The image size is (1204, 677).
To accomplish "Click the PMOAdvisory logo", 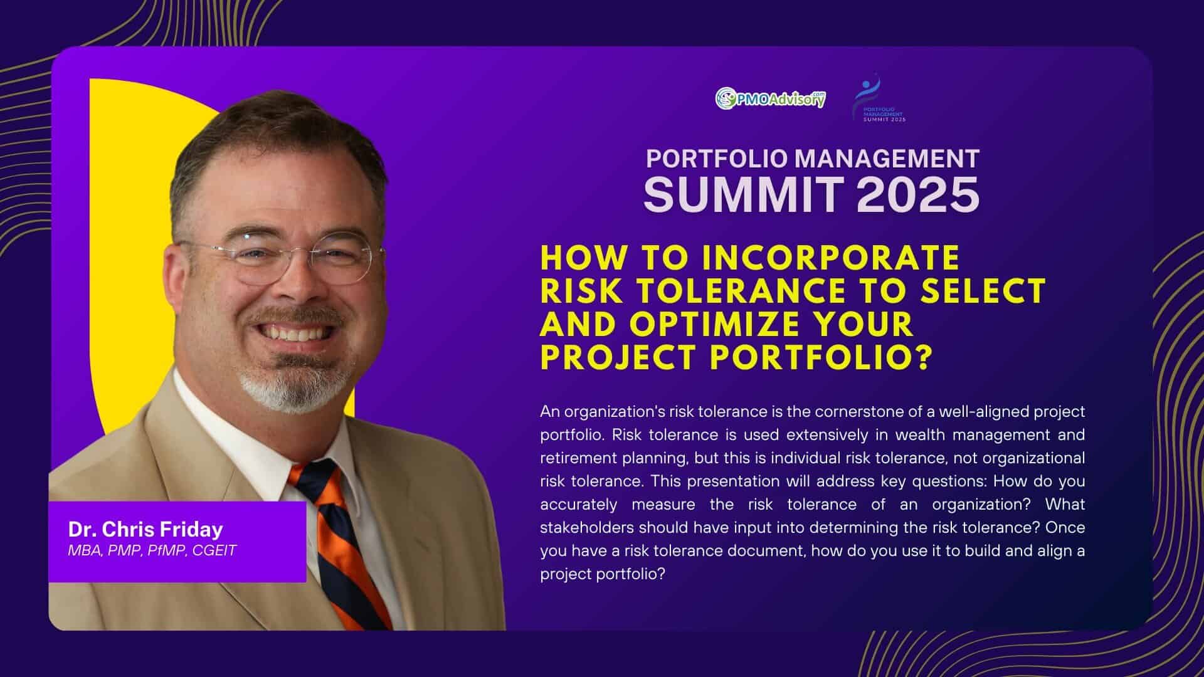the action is (771, 98).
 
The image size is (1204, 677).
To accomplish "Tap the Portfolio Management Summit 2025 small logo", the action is (880, 98).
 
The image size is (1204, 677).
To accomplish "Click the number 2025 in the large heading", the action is (918, 194).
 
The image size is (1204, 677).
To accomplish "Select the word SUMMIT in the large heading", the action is (744, 194).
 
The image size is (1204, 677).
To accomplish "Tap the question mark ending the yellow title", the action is (921, 358).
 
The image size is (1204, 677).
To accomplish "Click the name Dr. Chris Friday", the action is (145, 530).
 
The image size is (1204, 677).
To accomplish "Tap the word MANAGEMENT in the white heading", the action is (887, 159).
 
